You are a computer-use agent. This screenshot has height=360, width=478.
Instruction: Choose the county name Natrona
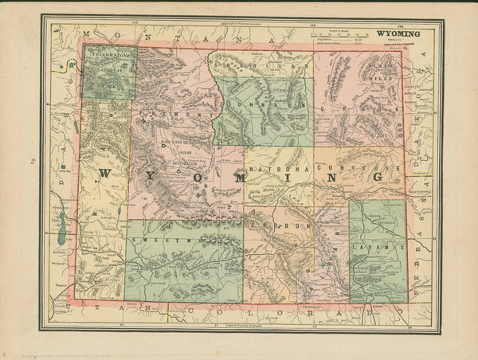pyautogui.click(x=279, y=170)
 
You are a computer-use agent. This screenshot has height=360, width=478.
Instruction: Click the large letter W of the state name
pyautogui.click(x=107, y=174)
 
